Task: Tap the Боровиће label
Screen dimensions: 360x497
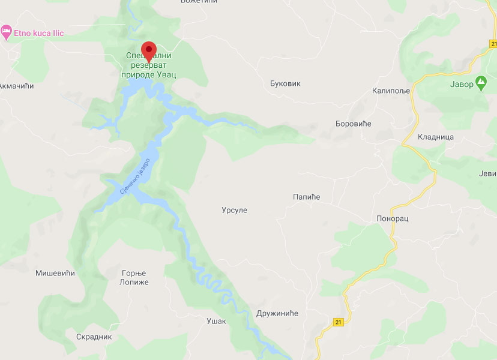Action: [354, 124]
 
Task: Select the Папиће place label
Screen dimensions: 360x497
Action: [307, 197]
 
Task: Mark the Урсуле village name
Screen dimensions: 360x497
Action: [234, 211]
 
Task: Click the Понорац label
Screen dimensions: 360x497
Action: [393, 218]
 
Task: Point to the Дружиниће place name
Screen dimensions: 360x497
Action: [277, 313]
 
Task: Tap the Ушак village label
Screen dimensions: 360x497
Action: [216, 321]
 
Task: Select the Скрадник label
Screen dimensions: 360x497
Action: [94, 337]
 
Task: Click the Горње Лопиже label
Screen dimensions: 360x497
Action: [133, 277]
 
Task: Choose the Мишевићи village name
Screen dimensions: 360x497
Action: [55, 273]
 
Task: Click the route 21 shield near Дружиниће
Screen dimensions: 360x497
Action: [338, 322]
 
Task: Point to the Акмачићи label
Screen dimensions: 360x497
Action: [17, 86]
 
